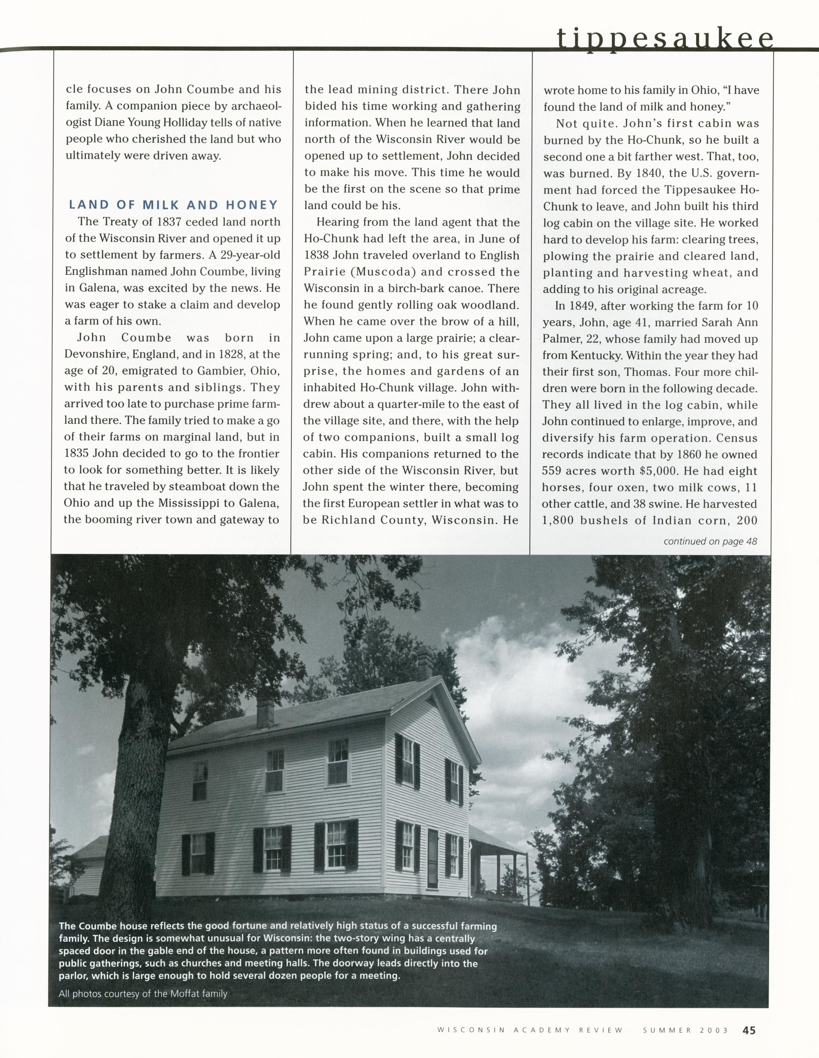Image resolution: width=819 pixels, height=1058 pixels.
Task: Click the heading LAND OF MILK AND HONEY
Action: click(173, 205)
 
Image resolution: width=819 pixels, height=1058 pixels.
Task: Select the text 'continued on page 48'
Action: click(710, 541)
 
